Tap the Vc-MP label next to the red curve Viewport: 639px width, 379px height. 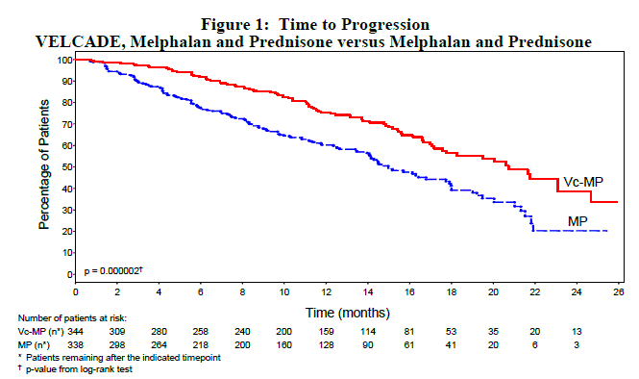point(582,182)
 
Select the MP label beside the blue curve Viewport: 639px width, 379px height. point(578,221)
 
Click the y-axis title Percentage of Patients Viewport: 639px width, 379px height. point(44,169)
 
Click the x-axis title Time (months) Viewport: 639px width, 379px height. point(348,313)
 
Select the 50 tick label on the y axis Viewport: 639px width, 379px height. point(63,167)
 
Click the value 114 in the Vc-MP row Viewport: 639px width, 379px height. point(368,329)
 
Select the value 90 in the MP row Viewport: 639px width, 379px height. point(368,341)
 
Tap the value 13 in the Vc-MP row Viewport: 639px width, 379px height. point(577,329)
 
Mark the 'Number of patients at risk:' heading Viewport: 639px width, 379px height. point(75,316)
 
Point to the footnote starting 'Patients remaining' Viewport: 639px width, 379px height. point(115,355)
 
